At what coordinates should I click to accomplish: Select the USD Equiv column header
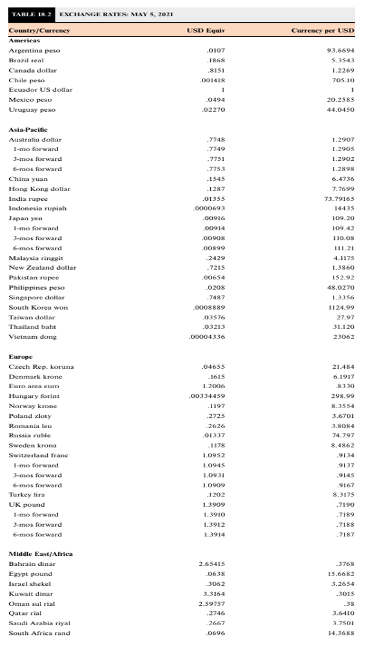click(203, 30)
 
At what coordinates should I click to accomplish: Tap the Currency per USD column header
click(323, 30)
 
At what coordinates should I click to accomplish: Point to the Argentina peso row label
click(34, 50)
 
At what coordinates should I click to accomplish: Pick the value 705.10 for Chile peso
click(343, 80)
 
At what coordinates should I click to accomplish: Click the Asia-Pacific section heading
click(28, 129)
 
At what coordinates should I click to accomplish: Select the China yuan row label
click(28, 179)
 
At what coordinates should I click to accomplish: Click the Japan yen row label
click(26, 218)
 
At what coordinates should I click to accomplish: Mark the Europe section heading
click(21, 357)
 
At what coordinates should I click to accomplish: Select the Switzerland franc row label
click(38, 455)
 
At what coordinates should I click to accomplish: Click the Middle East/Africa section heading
click(40, 554)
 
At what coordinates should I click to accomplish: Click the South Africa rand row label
click(39, 633)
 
